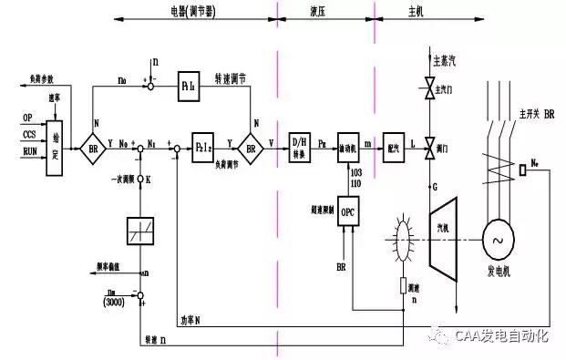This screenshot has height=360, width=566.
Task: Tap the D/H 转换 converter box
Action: point(300,144)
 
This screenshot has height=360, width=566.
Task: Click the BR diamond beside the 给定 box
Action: point(92,144)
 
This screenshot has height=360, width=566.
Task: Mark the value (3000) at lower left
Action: point(113,301)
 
